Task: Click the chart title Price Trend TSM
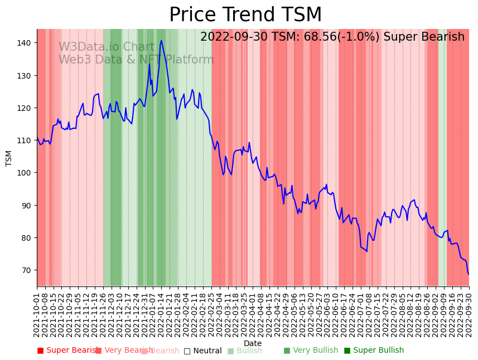click(x=245, y=15)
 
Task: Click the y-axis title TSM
click(x=9, y=158)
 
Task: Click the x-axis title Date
click(x=253, y=343)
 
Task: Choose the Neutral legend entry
click(x=202, y=351)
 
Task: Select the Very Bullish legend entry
click(x=311, y=351)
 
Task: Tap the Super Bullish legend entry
click(x=374, y=351)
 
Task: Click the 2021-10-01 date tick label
click(x=37, y=314)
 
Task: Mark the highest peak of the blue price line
click(x=161, y=40)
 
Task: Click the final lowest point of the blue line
click(x=469, y=274)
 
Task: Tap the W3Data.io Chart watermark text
click(x=107, y=47)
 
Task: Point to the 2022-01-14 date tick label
click(x=160, y=314)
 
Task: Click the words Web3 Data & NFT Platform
click(x=136, y=60)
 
